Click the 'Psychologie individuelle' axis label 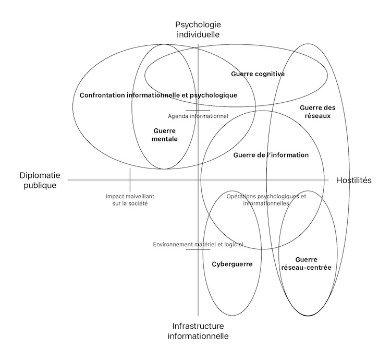(198, 29)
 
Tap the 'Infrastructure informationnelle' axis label (198, 331)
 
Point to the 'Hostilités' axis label (353, 180)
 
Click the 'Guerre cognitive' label (258, 74)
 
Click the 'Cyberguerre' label (232, 264)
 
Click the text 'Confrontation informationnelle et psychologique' (158, 95)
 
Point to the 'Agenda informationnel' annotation (198, 116)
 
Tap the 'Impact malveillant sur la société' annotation (130, 200)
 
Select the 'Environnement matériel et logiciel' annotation (198, 244)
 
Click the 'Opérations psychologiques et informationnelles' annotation (266, 200)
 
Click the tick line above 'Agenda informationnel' (198, 110)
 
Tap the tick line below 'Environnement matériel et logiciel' (198, 249)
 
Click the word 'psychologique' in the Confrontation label (213, 95)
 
